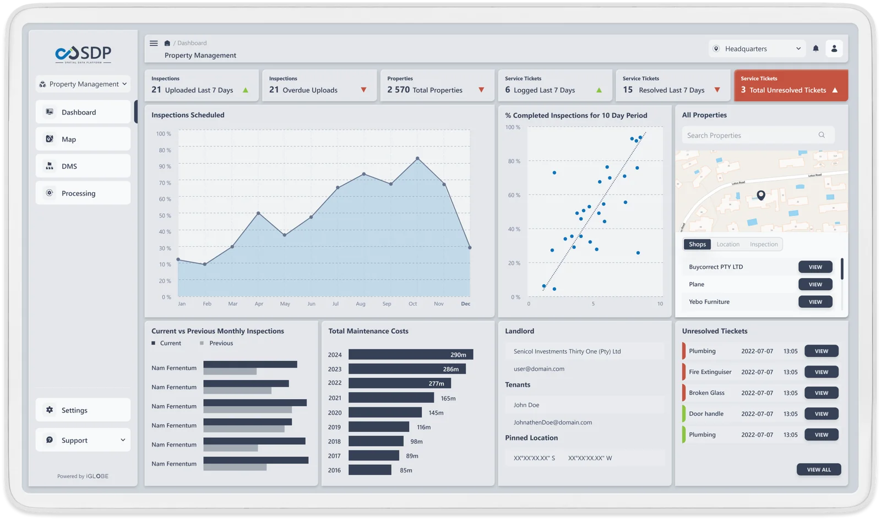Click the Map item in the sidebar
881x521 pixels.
coord(83,139)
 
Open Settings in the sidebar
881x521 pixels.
coord(83,410)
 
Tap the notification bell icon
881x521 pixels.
coord(815,48)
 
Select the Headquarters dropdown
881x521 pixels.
coord(757,49)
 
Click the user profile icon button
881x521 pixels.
coord(834,48)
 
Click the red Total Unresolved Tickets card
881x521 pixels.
coord(791,85)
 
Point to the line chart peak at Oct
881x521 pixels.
coord(417,159)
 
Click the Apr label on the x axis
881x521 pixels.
coord(259,304)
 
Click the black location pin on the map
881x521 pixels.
coord(761,195)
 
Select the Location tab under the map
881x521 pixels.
coord(728,245)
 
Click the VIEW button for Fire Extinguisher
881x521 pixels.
coord(821,372)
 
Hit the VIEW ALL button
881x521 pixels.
coord(818,470)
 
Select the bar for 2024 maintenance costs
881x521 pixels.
coord(411,355)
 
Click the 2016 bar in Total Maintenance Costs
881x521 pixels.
coord(369,470)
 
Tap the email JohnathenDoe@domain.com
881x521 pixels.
coord(553,422)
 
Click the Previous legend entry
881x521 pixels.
coord(221,343)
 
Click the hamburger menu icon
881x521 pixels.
coord(154,43)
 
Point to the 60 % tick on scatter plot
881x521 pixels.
coord(514,196)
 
